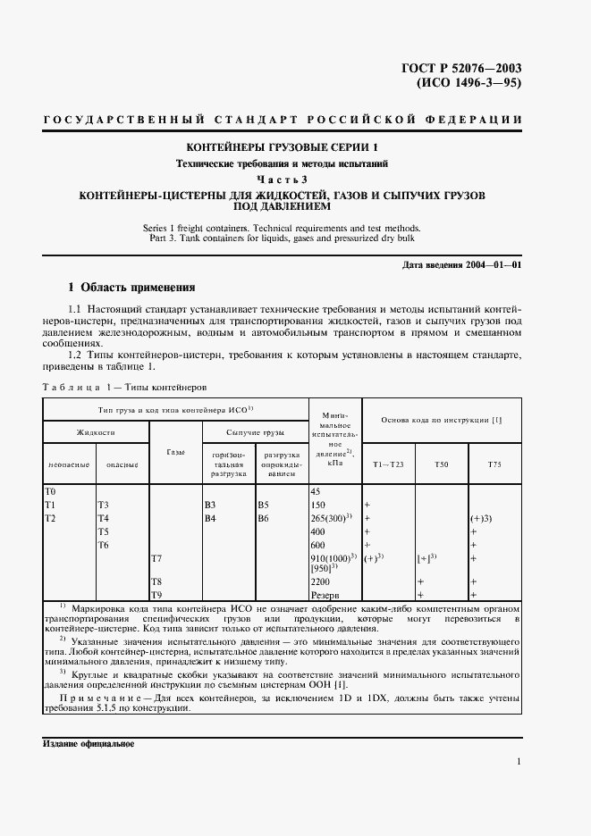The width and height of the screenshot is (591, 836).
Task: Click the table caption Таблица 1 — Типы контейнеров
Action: coord(124,389)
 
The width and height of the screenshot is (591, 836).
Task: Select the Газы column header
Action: coord(175,453)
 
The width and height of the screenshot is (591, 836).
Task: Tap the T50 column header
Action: coord(442,465)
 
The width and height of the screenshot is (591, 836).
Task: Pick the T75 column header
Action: coord(494,465)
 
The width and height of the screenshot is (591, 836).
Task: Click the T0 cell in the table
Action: coord(50,492)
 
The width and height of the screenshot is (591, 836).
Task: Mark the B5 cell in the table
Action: coord(263,505)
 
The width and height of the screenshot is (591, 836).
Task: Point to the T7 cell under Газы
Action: coord(156,558)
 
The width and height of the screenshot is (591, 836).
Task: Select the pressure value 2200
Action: coord(320,581)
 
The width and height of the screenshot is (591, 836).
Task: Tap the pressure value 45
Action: coord(315,492)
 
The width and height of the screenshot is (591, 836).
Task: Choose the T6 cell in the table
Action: coord(102,544)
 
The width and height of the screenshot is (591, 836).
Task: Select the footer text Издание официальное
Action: coord(88,743)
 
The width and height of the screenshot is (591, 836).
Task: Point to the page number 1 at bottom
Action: coord(519,762)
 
